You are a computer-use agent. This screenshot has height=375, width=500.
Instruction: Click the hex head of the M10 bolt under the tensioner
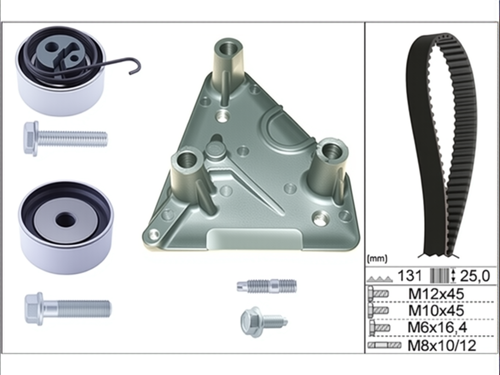31,139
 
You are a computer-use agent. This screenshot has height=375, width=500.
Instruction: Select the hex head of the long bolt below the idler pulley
34,309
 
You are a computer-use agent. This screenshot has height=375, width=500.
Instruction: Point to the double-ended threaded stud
266,286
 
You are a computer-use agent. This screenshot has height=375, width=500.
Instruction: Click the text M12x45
436,294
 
